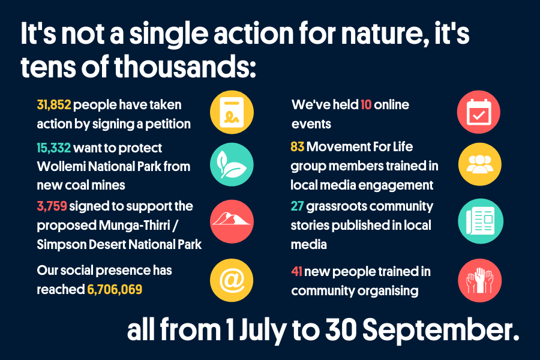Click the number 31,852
pyautogui.click(x=54, y=105)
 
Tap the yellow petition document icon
pyautogui.click(x=232, y=112)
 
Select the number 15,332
pyautogui.click(x=54, y=148)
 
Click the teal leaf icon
pyautogui.click(x=232, y=164)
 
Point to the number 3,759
pyautogui.click(x=52, y=206)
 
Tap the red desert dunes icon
pyautogui.click(x=232, y=221)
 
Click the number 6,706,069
pyautogui.click(x=115, y=289)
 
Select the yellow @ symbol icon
pyautogui.click(x=232, y=280)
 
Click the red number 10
pyautogui.click(x=366, y=105)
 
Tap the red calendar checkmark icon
pyautogui.click(x=479, y=112)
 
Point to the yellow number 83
pyautogui.click(x=297, y=147)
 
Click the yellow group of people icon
pyautogui.click(x=480, y=164)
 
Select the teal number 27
pyautogui.click(x=297, y=206)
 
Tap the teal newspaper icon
pyautogui.click(x=481, y=221)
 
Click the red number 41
pyautogui.click(x=296, y=271)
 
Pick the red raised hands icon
pyautogui.click(x=480, y=280)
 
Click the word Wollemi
pyautogui.click(x=61, y=167)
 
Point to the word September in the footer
pyautogui.click(x=441, y=330)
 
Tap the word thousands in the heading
pyautogui.click(x=185, y=66)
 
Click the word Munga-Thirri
pyautogui.click(x=134, y=226)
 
